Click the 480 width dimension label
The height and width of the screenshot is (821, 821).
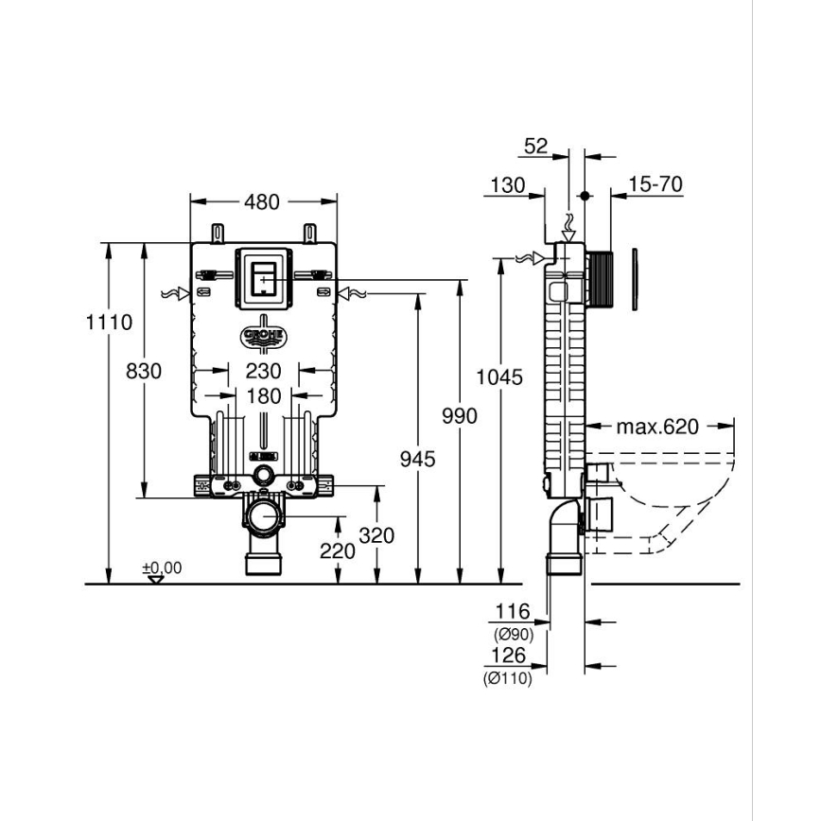(263, 201)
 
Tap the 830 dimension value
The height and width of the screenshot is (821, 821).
(144, 370)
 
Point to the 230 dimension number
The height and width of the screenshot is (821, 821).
(263, 370)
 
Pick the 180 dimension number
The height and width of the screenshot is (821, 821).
(263, 396)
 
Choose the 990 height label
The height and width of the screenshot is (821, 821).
(460, 415)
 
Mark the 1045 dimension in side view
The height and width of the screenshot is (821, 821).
(499, 377)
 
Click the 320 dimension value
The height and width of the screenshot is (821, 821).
(377, 535)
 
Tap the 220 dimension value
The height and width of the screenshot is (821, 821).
(338, 550)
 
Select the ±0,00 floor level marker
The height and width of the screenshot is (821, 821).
(161, 568)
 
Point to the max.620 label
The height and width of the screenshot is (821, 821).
(657, 427)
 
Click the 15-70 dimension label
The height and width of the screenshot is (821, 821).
(655, 184)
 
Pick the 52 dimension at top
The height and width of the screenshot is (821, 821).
(536, 146)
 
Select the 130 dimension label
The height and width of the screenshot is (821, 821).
(507, 184)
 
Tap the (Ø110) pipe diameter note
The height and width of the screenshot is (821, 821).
(508, 678)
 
